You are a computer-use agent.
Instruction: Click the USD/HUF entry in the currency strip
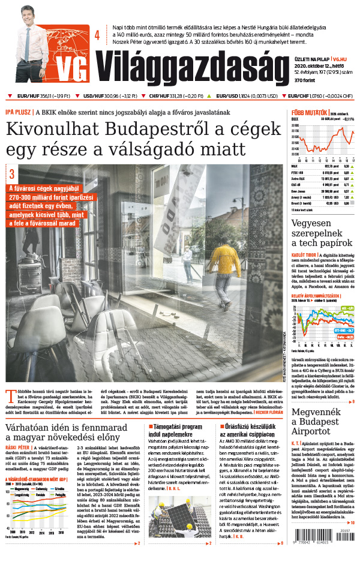coord(108,96)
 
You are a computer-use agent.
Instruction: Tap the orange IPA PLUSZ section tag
coord(18,112)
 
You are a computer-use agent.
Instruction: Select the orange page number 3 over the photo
coord(12,174)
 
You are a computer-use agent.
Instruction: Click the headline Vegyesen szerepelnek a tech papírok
coord(321,233)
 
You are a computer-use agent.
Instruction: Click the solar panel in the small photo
coord(169,528)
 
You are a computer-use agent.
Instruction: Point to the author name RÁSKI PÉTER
coord(17,447)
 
